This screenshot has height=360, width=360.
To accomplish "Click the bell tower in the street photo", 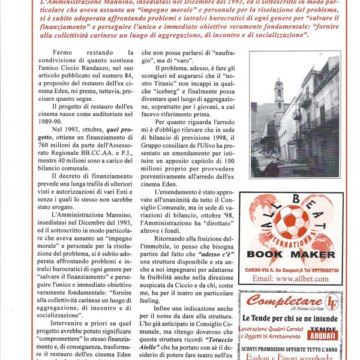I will pos(278,99).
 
